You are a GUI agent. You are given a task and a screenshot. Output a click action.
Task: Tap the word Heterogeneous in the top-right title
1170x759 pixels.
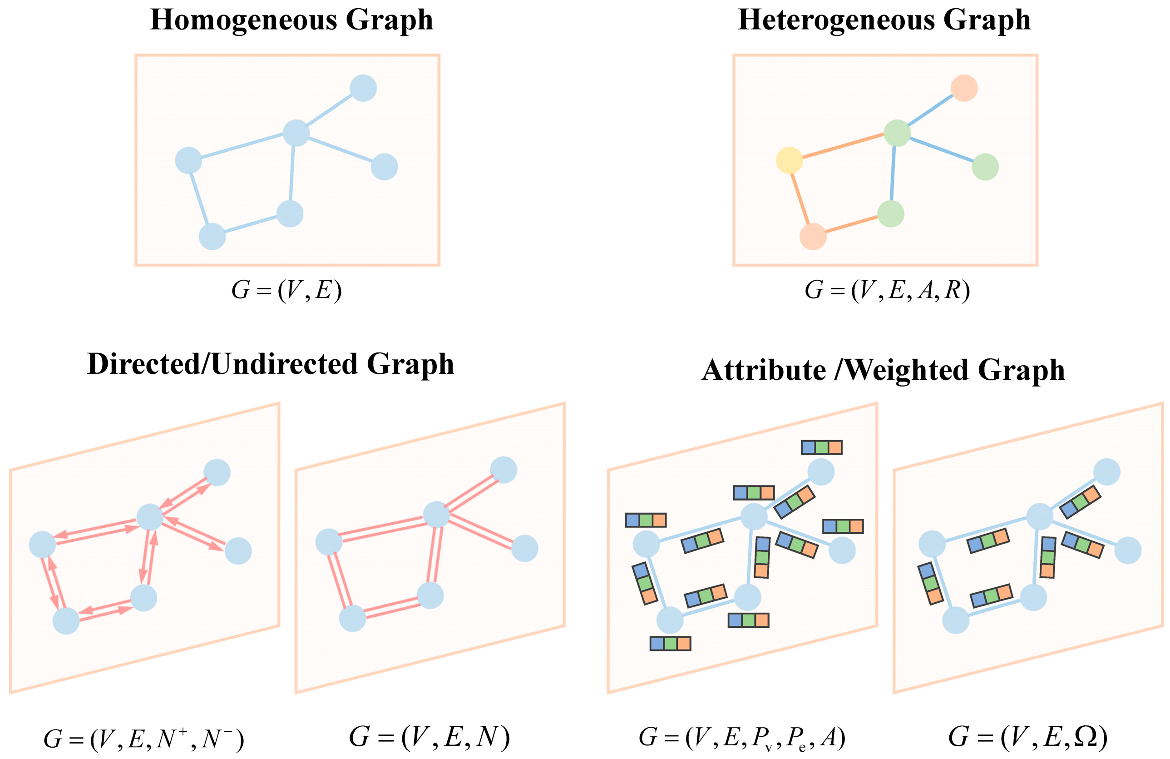(x=836, y=20)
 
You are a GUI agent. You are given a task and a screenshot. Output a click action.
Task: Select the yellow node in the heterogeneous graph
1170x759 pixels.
(x=789, y=160)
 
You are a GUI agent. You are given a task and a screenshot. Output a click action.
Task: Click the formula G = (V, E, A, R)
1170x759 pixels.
(x=887, y=290)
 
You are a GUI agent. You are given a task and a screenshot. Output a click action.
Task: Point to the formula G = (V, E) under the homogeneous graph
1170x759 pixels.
(x=286, y=290)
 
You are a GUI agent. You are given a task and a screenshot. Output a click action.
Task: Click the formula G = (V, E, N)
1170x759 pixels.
(x=429, y=736)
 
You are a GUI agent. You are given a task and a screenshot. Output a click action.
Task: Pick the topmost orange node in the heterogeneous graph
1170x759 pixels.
(x=963, y=89)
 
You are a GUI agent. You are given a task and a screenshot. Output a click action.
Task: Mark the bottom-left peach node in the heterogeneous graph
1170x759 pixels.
(x=813, y=237)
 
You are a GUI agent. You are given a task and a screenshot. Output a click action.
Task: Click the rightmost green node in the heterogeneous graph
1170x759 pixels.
(x=985, y=167)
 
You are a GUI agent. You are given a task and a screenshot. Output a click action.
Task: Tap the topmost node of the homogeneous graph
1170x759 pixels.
(x=363, y=89)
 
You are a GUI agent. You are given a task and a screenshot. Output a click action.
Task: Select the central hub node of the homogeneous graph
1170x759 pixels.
(x=296, y=133)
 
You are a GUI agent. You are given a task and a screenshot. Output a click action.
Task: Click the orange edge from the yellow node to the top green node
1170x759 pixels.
(x=843, y=146)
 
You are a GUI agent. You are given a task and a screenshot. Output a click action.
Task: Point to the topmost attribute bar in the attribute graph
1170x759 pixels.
(x=821, y=447)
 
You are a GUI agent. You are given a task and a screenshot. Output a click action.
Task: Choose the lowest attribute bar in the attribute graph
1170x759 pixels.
(x=670, y=644)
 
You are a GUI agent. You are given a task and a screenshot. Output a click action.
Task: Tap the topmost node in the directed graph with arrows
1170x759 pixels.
(x=217, y=472)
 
